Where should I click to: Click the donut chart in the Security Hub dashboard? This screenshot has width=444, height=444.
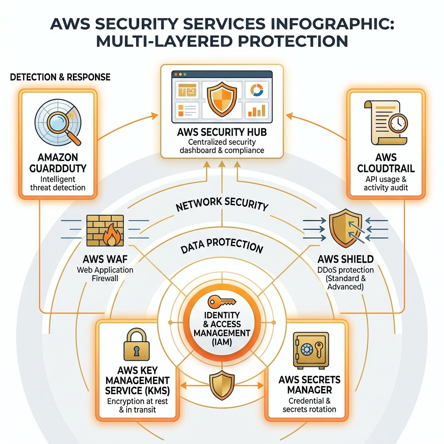click(x=257, y=89)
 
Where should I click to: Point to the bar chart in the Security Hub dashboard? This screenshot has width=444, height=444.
click(x=256, y=110)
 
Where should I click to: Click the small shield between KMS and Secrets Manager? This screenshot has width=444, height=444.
click(x=222, y=385)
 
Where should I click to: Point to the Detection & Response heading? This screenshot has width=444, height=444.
click(x=60, y=77)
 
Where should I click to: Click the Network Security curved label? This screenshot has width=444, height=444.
click(x=222, y=204)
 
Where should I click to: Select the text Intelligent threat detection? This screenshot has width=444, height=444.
click(x=58, y=183)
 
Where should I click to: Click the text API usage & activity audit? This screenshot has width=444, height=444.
click(x=385, y=183)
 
